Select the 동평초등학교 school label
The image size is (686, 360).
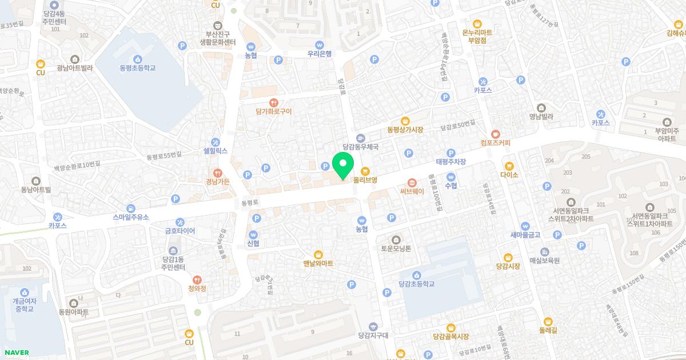(137, 68)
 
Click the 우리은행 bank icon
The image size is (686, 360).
(320, 45)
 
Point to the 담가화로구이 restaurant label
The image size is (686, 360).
(274, 111)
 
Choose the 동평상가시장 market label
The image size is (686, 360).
(405, 130)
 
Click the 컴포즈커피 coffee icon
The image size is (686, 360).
(495, 133)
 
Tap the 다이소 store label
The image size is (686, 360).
(509, 175)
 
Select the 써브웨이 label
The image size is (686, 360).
(412, 191)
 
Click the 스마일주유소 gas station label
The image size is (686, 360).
(131, 217)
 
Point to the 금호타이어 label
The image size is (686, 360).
(180, 231)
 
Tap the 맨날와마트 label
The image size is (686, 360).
(318, 263)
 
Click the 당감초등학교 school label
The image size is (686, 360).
(417, 283)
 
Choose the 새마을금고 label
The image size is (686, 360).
(525, 235)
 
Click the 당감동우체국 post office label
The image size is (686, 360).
(360, 147)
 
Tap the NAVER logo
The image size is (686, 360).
(16, 353)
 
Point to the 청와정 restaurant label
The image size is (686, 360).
(197, 289)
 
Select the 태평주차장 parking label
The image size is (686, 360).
(451, 162)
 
